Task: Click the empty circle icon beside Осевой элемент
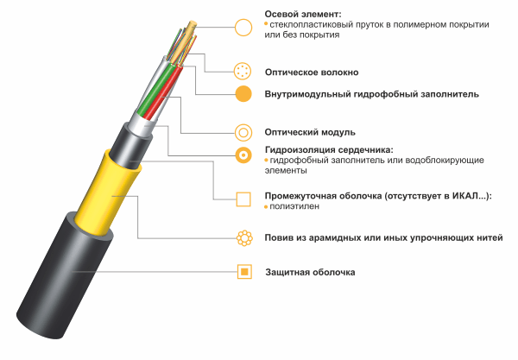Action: pyautogui.click(x=243, y=27)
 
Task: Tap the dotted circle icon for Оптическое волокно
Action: pyautogui.click(x=243, y=71)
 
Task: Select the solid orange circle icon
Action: pyautogui.click(x=243, y=94)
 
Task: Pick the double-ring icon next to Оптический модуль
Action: pyautogui.click(x=243, y=133)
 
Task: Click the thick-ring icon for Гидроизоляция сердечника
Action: pyautogui.click(x=243, y=155)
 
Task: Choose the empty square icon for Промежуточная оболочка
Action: pyautogui.click(x=243, y=199)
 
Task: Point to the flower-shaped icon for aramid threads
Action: pyautogui.click(x=244, y=237)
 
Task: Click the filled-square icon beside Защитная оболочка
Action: pyautogui.click(x=244, y=271)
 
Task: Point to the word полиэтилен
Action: pyautogui.click(x=294, y=206)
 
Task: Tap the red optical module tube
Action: pyautogui.click(x=163, y=94)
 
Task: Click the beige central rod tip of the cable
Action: pyautogui.click(x=192, y=24)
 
